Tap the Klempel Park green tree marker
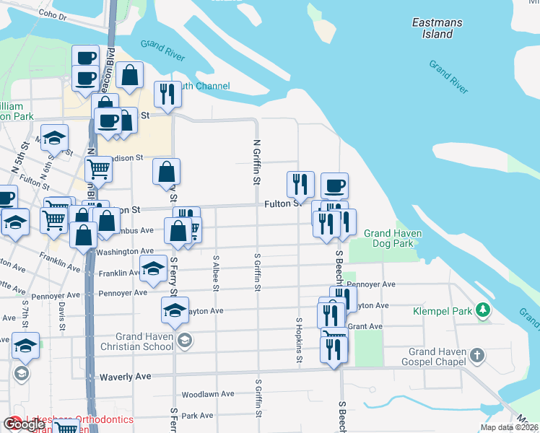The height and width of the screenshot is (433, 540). coord(483,311)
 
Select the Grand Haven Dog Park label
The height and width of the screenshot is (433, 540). coord(393,238)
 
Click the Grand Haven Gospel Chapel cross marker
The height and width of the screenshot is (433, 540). coord(476,355)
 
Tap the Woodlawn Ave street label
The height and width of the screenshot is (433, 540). coord(208,395)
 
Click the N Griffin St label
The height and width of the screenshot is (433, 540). coord(256,162)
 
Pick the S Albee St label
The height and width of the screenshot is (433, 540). coord(216,273)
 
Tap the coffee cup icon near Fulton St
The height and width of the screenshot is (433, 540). coord(334,186)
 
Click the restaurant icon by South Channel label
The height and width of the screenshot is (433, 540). coord(167,95)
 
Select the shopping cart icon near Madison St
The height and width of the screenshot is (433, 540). coord(98,170)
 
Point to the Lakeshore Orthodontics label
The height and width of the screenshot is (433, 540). coord(79,419)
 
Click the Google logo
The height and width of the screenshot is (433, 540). coord(25,424)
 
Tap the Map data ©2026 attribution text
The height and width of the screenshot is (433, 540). coord(509,427)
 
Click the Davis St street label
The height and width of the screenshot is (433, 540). coord(61,312)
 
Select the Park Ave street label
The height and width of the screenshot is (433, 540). coord(198,416)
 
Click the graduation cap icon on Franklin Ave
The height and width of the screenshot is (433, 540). coord(153,269)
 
